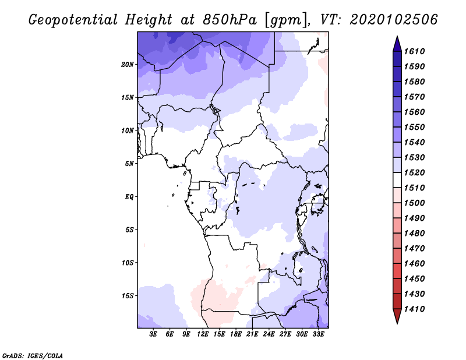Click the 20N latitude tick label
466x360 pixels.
tap(128, 64)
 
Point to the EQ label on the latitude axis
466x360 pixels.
tap(129, 196)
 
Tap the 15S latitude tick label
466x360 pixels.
tap(128, 295)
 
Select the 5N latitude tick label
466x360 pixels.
tap(129, 164)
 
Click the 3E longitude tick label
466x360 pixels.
tap(154, 334)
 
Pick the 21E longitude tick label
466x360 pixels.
tap(252, 334)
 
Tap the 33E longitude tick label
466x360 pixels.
tap(318, 334)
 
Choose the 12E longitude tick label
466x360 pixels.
tap(203, 334)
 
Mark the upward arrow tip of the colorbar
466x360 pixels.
tap(397, 37)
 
